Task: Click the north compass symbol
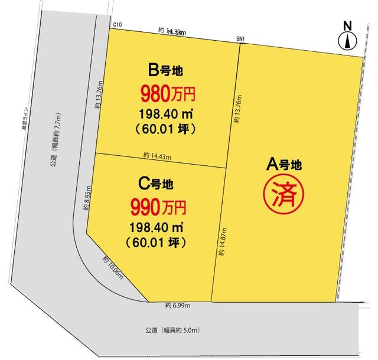click(x=348, y=37)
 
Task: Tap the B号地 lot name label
click(x=166, y=70)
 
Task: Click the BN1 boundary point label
click(x=241, y=40)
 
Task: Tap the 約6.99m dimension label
click(x=178, y=305)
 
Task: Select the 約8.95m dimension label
click(x=86, y=197)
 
